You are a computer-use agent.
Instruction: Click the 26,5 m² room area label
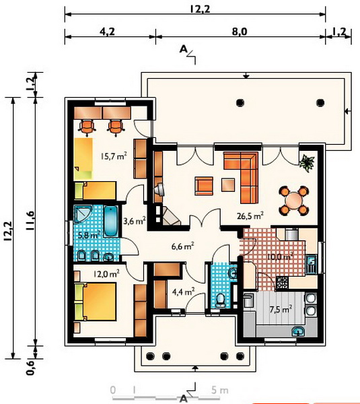click(x=250, y=215)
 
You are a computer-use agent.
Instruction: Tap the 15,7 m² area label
click(x=114, y=156)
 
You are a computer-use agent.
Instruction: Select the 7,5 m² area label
click(x=281, y=309)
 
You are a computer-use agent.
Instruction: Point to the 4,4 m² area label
click(x=183, y=292)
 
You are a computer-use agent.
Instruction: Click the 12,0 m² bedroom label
click(x=106, y=273)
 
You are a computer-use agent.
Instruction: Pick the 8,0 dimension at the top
click(x=240, y=32)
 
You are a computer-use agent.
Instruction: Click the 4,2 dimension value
click(x=107, y=32)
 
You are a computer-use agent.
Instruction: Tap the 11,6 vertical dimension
click(x=30, y=221)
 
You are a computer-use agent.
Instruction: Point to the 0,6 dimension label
click(x=30, y=368)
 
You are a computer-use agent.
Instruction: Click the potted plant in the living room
click(x=307, y=163)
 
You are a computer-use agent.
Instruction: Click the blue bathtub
click(x=111, y=221)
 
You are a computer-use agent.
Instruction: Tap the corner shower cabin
click(x=82, y=213)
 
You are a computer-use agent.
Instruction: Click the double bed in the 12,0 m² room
click(x=96, y=302)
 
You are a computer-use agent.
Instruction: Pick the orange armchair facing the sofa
click(x=204, y=186)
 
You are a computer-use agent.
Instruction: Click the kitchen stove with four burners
click(x=282, y=283)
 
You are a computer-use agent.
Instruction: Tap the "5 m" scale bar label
click(x=220, y=390)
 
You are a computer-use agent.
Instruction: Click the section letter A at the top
click(x=183, y=49)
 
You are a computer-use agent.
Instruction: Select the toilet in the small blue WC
click(x=221, y=300)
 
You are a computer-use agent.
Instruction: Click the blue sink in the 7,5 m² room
click(x=298, y=331)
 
